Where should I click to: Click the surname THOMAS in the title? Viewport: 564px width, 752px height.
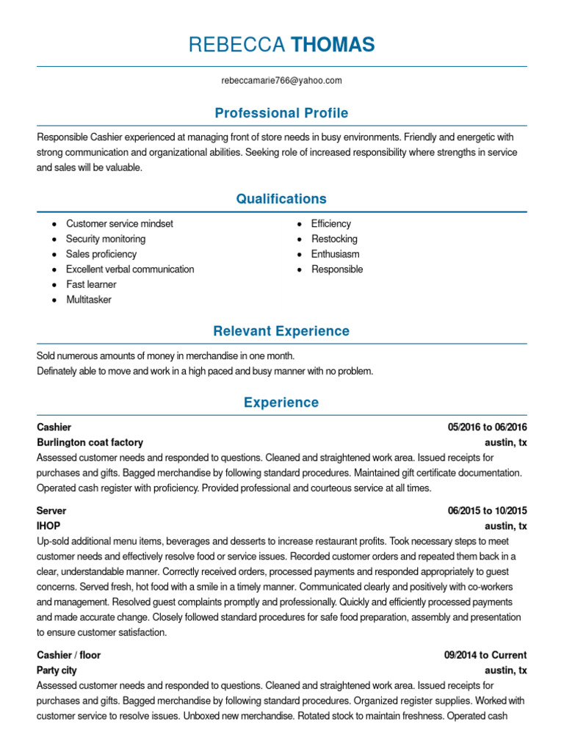(333, 46)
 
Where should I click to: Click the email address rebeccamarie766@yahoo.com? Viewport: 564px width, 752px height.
(282, 81)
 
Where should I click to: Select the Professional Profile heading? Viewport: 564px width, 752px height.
(281, 113)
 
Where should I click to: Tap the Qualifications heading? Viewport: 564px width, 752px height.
(281, 199)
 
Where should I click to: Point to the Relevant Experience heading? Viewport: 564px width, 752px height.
(281, 331)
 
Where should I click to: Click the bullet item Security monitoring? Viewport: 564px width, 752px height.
(106, 239)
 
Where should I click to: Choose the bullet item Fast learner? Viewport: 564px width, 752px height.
(91, 284)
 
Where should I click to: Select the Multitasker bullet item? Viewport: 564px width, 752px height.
(89, 300)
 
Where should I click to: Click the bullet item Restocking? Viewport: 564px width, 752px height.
(334, 239)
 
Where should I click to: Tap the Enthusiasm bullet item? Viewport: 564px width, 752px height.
(336, 254)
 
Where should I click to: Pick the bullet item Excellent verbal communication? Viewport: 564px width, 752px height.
(130, 269)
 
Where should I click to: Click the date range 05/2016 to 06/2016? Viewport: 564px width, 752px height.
(487, 427)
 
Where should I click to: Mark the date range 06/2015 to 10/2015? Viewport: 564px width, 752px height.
(487, 510)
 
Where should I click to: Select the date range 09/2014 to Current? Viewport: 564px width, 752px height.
(485, 655)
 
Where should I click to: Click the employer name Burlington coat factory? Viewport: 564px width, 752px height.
(90, 443)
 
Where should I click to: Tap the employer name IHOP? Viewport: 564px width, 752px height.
(48, 526)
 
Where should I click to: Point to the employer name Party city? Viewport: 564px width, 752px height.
(57, 670)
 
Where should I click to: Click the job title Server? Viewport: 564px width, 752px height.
(51, 510)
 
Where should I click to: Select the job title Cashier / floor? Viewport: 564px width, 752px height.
(69, 655)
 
